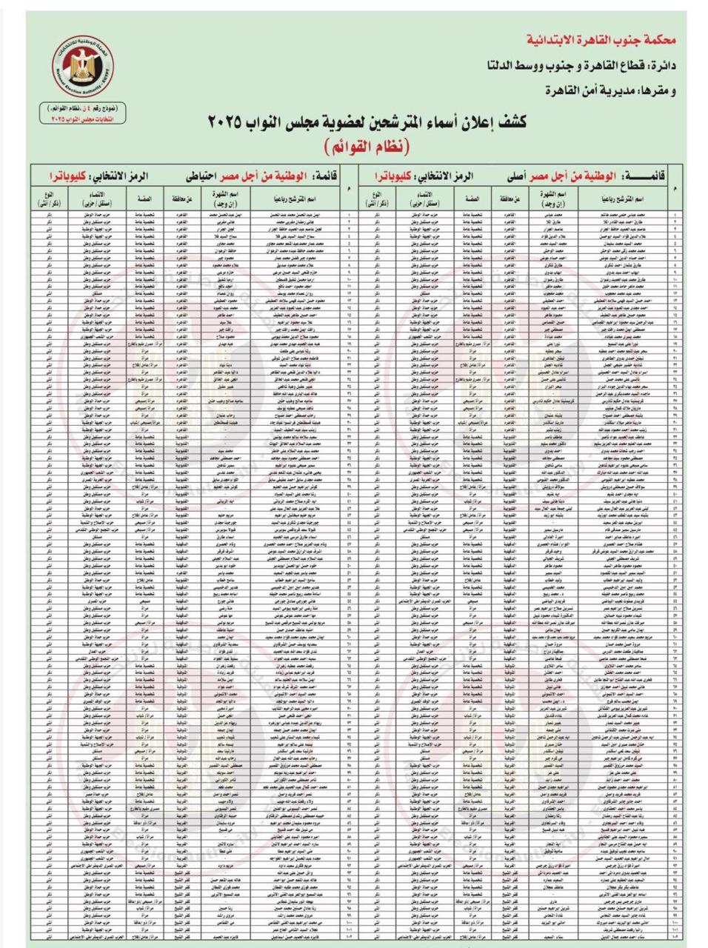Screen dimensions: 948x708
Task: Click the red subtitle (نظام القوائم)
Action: tap(362, 146)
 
